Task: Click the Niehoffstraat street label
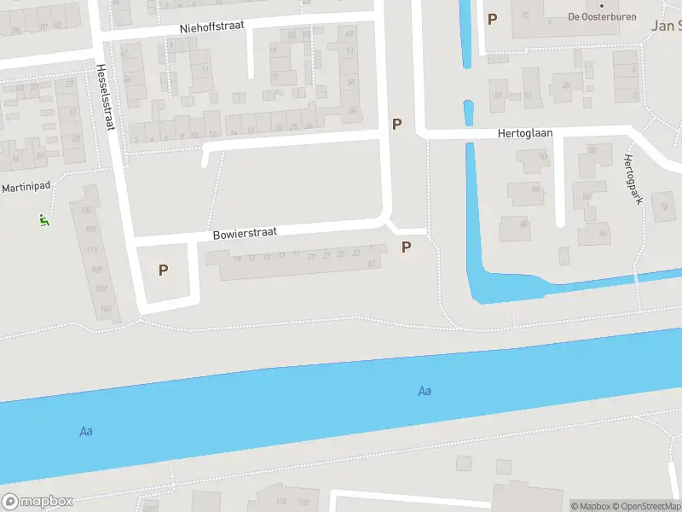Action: point(212,27)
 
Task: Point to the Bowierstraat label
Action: point(245,233)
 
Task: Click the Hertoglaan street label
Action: point(525,135)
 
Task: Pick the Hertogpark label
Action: point(632,179)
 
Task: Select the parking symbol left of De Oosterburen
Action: point(492,19)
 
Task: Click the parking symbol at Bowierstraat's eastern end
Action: point(407,247)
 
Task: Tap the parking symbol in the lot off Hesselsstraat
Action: point(163,270)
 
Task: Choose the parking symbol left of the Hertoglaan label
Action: point(396,125)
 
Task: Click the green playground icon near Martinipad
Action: point(43,220)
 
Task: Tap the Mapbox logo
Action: point(38,502)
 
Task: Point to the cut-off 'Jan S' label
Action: point(666,26)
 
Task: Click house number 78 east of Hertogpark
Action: point(663,207)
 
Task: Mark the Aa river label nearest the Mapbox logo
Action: point(86,431)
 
